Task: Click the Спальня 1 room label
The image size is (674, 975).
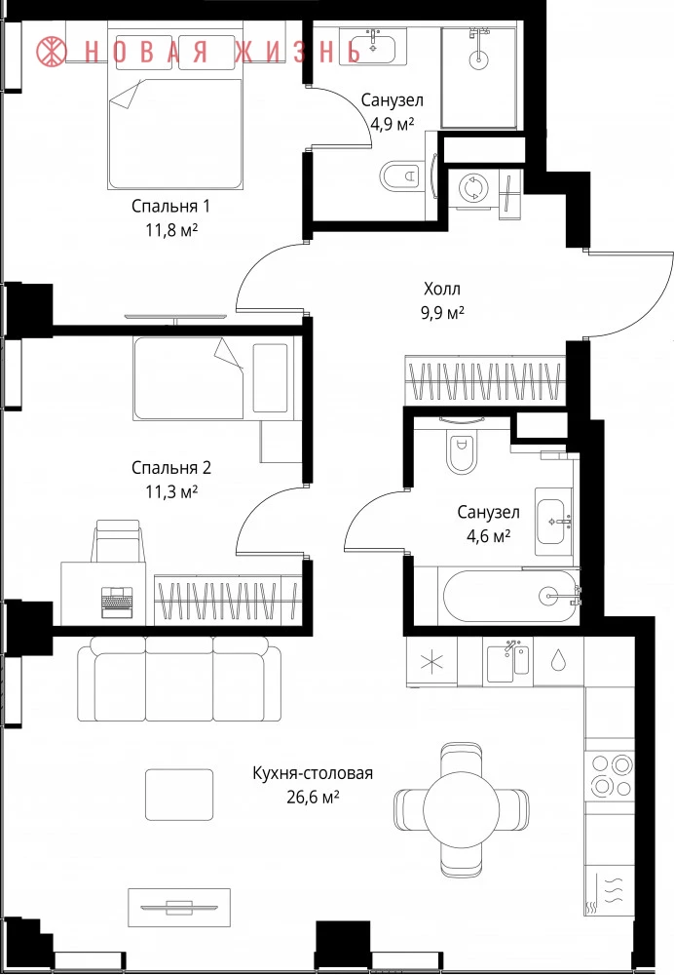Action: point(170,206)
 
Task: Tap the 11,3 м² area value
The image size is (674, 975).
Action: point(171,492)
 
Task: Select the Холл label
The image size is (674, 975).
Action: point(442,289)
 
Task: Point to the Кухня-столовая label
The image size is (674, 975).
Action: point(313,773)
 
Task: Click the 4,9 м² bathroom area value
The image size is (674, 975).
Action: point(392,124)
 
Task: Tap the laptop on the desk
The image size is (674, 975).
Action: point(118,602)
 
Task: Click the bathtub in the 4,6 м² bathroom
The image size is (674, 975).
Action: point(510,596)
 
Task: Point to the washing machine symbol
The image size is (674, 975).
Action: point(474,188)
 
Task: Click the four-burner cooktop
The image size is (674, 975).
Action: point(611,775)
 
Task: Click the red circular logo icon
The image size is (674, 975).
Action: point(51,51)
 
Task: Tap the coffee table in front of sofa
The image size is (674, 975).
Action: point(179,794)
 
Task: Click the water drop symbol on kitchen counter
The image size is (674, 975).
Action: point(558,660)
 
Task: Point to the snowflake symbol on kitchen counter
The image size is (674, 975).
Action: point(431,662)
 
